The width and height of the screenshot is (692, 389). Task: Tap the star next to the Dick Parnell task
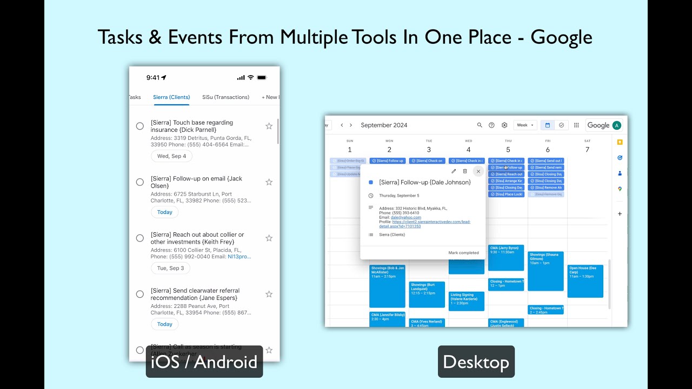click(269, 126)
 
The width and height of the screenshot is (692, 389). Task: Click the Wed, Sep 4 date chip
click(171, 156)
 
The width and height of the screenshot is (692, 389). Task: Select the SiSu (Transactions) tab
click(225, 97)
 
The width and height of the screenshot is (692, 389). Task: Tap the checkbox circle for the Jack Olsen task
click(140, 182)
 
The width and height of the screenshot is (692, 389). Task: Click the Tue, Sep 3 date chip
click(170, 268)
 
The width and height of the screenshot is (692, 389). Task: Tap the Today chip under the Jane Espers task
click(164, 324)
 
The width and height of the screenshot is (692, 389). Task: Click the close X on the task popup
click(478, 171)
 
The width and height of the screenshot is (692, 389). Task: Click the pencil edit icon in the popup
click(454, 171)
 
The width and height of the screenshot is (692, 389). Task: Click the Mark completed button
click(463, 253)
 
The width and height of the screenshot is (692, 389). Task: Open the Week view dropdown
click(525, 125)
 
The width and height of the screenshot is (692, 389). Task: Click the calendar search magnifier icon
click(480, 125)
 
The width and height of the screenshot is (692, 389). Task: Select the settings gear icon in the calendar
click(504, 125)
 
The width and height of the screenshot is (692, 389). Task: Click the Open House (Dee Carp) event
click(585, 281)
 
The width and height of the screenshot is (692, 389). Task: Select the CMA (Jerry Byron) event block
click(505, 257)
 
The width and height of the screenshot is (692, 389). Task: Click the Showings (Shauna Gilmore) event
click(545, 270)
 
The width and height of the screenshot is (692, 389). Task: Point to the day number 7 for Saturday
click(587, 150)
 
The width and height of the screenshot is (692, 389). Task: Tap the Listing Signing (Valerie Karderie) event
click(466, 301)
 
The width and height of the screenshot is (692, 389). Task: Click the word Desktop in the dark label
click(476, 362)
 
